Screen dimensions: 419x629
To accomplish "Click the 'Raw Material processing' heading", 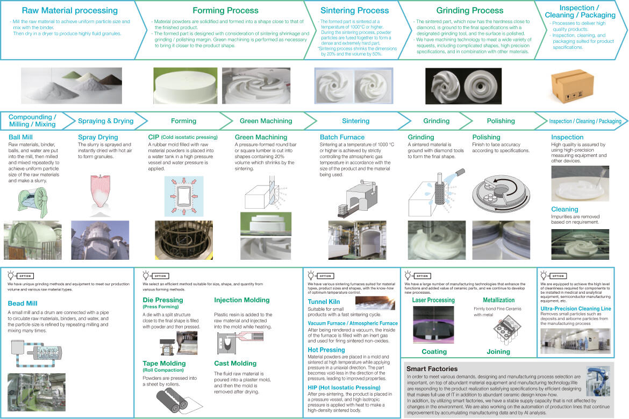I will [69, 10].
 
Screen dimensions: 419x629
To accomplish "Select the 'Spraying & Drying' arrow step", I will [105, 121].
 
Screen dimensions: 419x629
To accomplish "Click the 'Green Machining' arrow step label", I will [266, 121].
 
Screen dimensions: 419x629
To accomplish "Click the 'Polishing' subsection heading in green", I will [486, 137].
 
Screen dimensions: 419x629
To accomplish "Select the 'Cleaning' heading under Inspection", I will [564, 209].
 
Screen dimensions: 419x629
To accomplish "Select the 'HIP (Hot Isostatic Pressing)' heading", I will [344, 387].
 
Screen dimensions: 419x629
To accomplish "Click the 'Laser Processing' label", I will [433, 300].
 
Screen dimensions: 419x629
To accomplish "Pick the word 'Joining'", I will [498, 352].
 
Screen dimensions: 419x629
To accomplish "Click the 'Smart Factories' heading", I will [432, 369].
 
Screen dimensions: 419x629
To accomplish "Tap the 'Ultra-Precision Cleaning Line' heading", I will [576, 309].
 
